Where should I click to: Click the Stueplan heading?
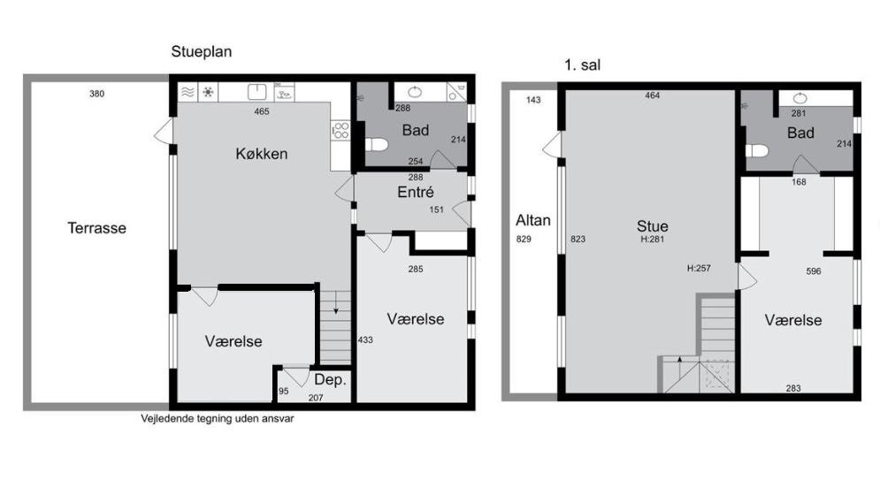click(x=202, y=51)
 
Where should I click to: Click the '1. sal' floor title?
click(x=582, y=65)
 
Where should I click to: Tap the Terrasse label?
click(x=96, y=228)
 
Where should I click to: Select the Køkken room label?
click(x=262, y=153)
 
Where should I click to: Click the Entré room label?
click(x=416, y=192)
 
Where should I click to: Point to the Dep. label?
click(x=330, y=380)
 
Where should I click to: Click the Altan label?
click(x=533, y=220)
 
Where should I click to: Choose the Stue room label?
click(x=652, y=226)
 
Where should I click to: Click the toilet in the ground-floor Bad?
click(x=376, y=145)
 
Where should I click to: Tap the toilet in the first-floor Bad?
click(x=756, y=150)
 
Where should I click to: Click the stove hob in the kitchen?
click(x=341, y=131)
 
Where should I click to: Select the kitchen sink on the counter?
click(x=257, y=91)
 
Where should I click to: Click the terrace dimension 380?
click(x=96, y=94)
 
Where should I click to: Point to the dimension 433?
click(x=364, y=339)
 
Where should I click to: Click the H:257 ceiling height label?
click(x=699, y=268)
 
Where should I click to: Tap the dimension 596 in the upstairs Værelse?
click(x=813, y=271)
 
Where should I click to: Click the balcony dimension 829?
click(x=523, y=239)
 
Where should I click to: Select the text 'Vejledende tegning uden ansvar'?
click(x=218, y=419)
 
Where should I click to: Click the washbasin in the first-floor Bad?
click(x=800, y=99)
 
